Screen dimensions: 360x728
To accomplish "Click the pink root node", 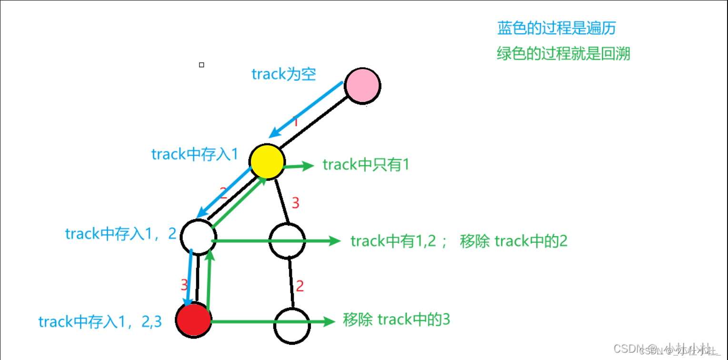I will click(x=362, y=86).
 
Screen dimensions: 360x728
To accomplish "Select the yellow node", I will click(x=267, y=162).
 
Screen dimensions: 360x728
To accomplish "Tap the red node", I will click(x=193, y=320).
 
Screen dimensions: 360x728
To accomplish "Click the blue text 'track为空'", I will click(x=284, y=74).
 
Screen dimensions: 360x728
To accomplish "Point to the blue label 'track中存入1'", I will click(x=194, y=154).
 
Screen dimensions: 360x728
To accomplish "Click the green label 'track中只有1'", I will click(x=366, y=165).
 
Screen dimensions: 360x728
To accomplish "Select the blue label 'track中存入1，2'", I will click(x=121, y=234).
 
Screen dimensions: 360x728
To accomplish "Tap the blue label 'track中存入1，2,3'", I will click(x=100, y=322).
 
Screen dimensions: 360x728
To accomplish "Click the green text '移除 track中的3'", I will click(x=396, y=320).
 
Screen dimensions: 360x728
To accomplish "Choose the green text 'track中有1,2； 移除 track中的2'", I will click(x=459, y=241).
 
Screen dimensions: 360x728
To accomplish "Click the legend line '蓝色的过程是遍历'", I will click(x=556, y=29).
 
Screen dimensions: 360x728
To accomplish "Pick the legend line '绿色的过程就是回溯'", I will click(x=563, y=54).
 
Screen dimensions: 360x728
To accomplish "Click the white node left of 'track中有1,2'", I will click(x=287, y=240).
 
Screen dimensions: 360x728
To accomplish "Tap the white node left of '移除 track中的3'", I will click(x=291, y=326).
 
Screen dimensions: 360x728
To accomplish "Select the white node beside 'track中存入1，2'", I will click(x=198, y=237).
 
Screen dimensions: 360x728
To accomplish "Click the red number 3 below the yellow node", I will click(x=295, y=203).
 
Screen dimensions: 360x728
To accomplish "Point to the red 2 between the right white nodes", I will click(x=299, y=287).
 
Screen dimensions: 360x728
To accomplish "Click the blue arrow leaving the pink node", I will click(x=305, y=110).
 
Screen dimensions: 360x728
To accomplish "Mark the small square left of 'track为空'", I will click(x=201, y=65).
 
